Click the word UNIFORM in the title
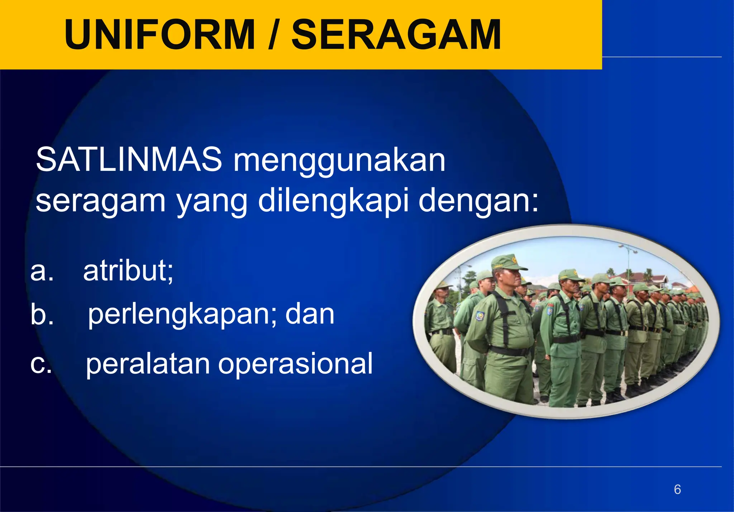tap(159, 35)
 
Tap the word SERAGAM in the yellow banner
tap(396, 35)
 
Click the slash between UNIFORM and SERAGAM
tap(273, 35)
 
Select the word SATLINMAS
tap(129, 160)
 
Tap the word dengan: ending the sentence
tap(478, 201)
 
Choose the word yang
tap(212, 203)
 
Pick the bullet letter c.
tap(41, 364)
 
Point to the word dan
tap(310, 314)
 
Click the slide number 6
tap(677, 489)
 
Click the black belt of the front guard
tap(509, 351)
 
